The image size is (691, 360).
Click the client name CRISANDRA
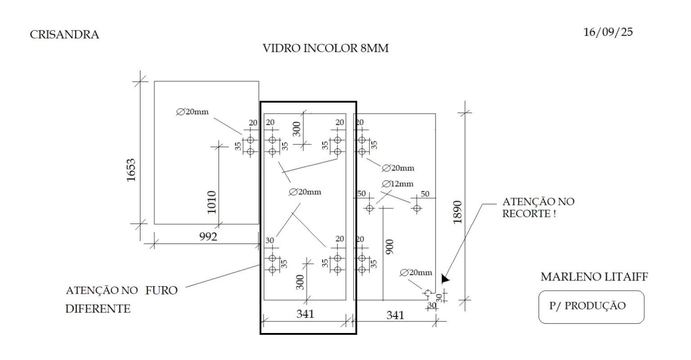(x=64, y=35)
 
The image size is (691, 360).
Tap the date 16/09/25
(x=608, y=32)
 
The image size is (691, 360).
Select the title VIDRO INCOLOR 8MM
(x=325, y=48)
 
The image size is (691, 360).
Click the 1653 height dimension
(x=131, y=170)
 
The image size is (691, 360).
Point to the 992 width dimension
(x=208, y=237)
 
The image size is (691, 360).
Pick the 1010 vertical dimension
(x=211, y=202)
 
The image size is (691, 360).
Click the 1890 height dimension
(x=458, y=212)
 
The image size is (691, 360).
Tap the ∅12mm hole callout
(x=398, y=184)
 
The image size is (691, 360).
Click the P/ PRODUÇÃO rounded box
(x=591, y=307)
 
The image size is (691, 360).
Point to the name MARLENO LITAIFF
(x=594, y=277)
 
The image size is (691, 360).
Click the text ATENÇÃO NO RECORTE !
(x=538, y=207)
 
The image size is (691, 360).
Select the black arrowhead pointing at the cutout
(x=445, y=279)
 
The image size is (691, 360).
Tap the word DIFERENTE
(x=98, y=309)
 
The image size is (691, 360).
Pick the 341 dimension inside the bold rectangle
(x=305, y=314)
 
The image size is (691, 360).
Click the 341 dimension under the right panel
(x=395, y=315)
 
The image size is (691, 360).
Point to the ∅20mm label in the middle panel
(x=305, y=192)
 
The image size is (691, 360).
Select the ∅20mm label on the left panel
(x=193, y=112)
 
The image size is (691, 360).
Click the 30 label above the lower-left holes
(x=269, y=240)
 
